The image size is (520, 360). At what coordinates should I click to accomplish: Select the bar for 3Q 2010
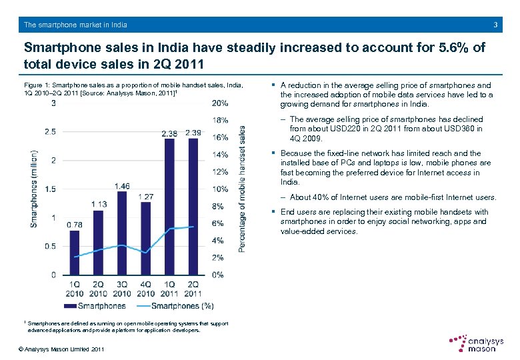click(x=122, y=233)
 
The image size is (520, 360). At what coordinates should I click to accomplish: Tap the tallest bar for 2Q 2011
click(x=193, y=206)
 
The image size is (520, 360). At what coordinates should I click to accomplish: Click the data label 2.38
click(x=170, y=133)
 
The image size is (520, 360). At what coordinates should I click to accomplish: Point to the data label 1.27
click(x=145, y=196)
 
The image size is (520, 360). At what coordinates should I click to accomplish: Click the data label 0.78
click(x=75, y=225)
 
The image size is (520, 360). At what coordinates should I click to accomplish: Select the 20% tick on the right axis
click(x=220, y=103)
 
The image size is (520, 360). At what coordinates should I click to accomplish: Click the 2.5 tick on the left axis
click(x=50, y=132)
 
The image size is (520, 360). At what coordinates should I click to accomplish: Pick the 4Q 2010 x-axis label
click(x=146, y=289)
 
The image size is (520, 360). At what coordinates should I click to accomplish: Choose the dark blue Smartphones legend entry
click(x=95, y=306)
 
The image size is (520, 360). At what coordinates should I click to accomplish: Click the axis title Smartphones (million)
click(x=34, y=189)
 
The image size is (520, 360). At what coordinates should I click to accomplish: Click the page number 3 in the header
click(x=495, y=25)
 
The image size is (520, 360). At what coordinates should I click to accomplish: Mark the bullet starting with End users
click(x=384, y=221)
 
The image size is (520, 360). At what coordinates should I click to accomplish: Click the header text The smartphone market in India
click(x=75, y=25)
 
